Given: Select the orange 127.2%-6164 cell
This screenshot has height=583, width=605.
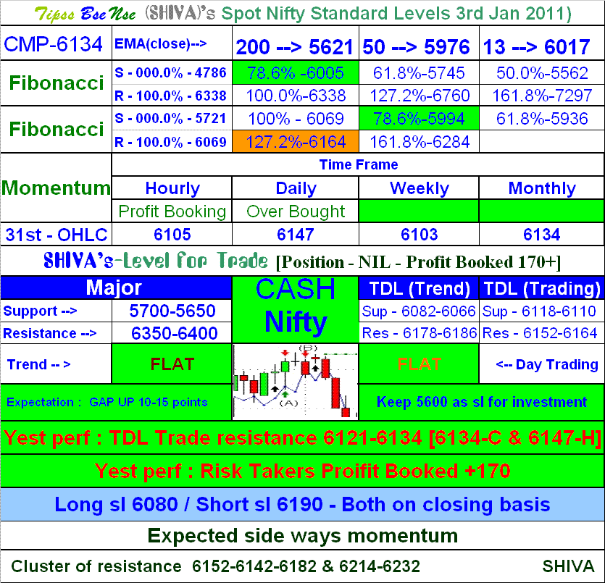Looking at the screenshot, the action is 296,142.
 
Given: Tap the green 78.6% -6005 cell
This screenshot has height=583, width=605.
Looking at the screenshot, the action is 296,73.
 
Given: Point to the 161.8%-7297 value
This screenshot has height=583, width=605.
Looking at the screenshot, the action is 542,96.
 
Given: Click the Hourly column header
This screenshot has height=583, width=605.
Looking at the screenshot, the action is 172,188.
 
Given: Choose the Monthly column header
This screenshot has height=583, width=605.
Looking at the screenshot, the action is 542,188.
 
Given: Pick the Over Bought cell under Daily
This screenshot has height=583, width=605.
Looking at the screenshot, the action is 296,211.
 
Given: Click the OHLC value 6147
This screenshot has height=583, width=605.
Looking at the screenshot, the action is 296,235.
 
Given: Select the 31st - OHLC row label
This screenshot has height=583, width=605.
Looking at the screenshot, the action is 57,235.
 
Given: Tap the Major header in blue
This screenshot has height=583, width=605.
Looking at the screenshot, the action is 114,288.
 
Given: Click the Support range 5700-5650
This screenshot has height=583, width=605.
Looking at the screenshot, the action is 172,311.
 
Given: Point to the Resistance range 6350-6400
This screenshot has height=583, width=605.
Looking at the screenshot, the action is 175,333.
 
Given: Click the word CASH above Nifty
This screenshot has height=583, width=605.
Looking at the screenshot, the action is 296,289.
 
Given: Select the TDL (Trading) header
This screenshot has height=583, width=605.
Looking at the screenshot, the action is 542,288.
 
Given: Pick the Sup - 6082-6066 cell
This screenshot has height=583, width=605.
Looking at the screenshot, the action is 419,311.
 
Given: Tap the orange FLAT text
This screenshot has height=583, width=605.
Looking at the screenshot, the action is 419,364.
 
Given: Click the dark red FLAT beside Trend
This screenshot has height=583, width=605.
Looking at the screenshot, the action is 172,364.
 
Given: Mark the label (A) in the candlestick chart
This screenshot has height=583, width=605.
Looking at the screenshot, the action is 288,403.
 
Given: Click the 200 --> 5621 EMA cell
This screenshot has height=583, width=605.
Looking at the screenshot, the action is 295,47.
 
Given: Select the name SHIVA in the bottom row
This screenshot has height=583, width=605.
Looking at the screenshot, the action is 568,566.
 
